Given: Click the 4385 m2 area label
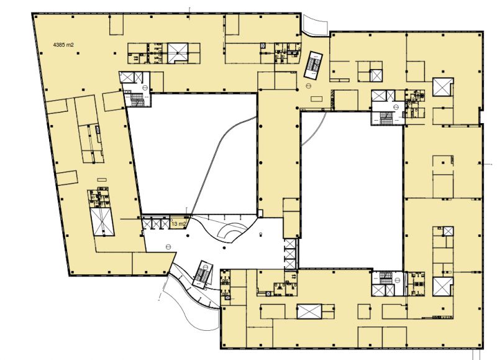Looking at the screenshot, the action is coord(63,45).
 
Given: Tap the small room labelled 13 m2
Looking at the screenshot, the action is coord(178,222).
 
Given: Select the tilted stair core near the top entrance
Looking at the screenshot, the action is coord(313,65).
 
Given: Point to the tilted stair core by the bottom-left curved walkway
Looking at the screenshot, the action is coord(203,274).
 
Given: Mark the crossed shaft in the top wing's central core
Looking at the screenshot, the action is coord(178,53).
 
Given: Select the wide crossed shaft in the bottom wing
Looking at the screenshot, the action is coord(309,311).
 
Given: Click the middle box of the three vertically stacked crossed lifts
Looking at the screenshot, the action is coord(290,254).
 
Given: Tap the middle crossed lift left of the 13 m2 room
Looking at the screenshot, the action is coord(157,224).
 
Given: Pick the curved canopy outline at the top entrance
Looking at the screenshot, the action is coord(315,25).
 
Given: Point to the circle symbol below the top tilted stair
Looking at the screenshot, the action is coord(308,85).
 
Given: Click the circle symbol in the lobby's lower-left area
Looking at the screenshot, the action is coord(168,246).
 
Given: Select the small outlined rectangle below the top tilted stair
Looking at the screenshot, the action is coord(316,99).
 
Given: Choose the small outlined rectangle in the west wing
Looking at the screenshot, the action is coord(102,180).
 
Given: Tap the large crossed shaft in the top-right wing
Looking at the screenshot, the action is coord(443,86).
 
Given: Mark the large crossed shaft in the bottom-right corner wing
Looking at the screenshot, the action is coord(443,287).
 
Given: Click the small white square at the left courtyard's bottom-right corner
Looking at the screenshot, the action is coord(260,213).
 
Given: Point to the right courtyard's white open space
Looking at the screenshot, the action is coord(351,190).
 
